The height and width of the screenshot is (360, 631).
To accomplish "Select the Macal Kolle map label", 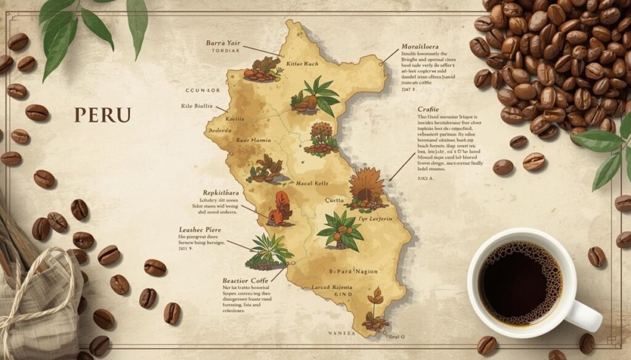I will tap(295, 183).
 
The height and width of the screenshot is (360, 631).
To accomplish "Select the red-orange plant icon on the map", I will tap(281, 208).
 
